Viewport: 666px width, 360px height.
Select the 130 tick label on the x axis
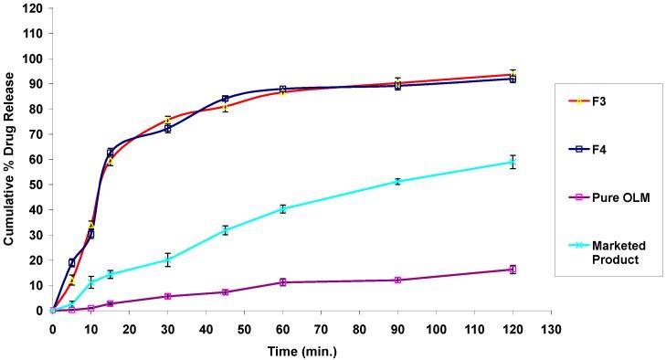coord(551,328)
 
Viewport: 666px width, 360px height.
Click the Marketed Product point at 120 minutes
coord(513,162)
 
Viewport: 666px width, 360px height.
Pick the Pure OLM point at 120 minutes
coord(513,270)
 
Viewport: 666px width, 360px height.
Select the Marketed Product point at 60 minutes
coord(283,208)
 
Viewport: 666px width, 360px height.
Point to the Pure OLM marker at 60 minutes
coord(283,282)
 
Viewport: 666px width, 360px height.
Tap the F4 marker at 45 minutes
coord(225,99)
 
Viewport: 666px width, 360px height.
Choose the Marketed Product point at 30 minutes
coord(168,259)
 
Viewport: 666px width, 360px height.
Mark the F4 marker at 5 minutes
coord(72,262)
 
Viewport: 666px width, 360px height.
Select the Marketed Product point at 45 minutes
coord(225,230)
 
